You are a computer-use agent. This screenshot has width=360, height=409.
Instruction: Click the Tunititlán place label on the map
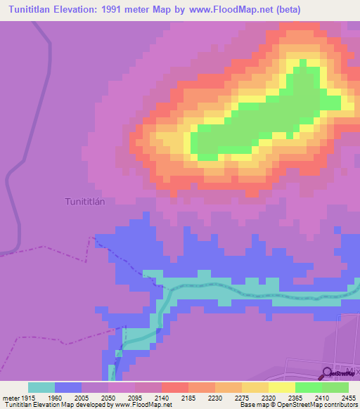[x=85, y=202]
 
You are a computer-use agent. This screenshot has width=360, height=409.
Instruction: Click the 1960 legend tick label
[x=55, y=396]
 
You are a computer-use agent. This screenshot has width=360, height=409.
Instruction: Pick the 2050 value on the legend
[x=108, y=396]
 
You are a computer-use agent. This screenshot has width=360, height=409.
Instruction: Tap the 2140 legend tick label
[x=162, y=396]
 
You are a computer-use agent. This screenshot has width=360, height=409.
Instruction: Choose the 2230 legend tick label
[x=215, y=396]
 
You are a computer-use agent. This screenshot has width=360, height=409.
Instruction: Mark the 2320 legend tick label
[x=269, y=396]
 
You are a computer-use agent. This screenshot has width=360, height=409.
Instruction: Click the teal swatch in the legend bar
[x=41, y=387]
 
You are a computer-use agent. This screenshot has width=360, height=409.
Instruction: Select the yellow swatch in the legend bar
[x=281, y=387]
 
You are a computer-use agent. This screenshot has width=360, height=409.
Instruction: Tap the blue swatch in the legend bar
[x=68, y=387]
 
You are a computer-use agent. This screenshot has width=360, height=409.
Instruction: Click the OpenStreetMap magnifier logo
[x=327, y=374]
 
